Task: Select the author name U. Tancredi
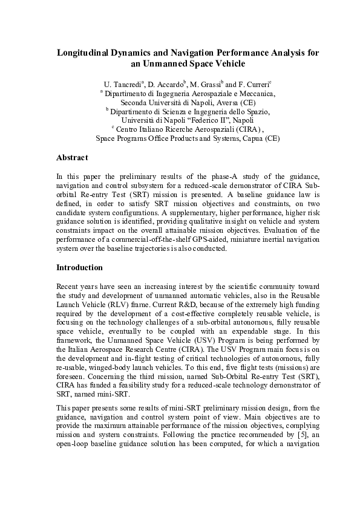(x=123, y=84)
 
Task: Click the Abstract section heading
(x=72, y=158)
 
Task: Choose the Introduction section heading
(x=79, y=267)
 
